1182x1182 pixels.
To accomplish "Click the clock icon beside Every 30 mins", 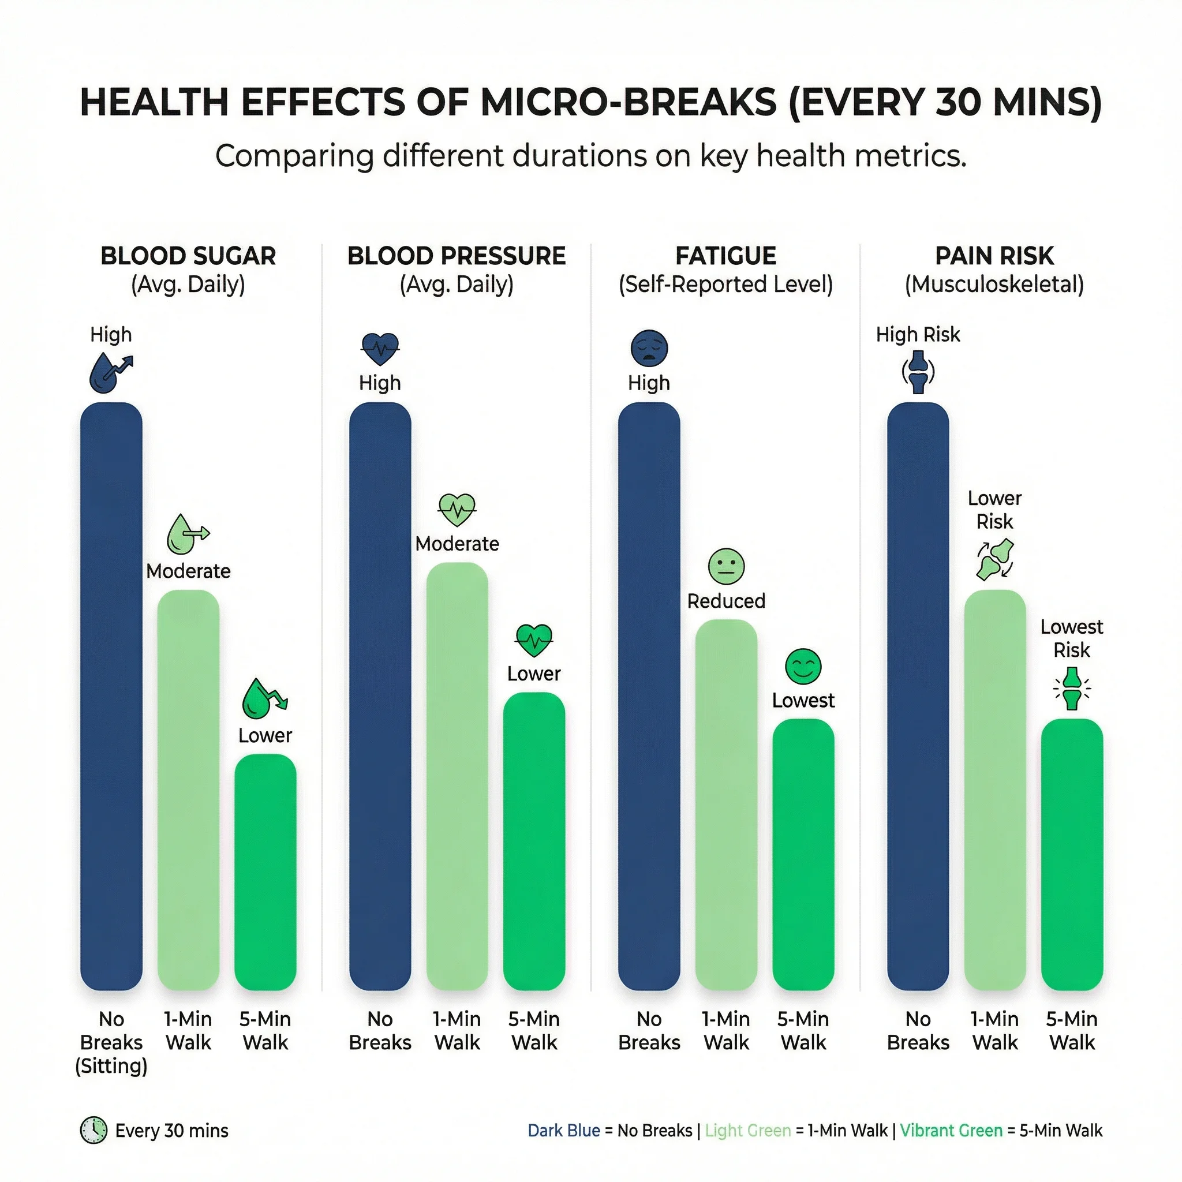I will coord(93,1131).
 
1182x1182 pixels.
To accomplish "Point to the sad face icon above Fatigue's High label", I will coord(649,348).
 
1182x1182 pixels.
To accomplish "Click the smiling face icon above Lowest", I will coord(803,666).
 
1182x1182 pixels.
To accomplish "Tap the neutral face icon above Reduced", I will coord(726,566).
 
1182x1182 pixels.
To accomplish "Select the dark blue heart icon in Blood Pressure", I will coord(380,349).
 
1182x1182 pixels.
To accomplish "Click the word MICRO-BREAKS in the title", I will coord(629,102).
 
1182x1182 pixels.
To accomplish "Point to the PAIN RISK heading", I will coord(994,256).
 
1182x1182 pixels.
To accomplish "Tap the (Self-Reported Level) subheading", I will coord(725,285).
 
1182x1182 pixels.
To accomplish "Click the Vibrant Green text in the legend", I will coord(951,1131).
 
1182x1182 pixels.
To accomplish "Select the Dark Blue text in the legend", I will coord(563,1131).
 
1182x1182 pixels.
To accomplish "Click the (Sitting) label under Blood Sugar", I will coord(111,1066).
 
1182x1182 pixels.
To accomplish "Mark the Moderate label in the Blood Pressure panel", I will coord(457,544).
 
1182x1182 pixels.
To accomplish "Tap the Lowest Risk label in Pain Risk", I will coord(1072,638).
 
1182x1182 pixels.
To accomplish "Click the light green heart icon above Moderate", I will coord(457,509).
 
